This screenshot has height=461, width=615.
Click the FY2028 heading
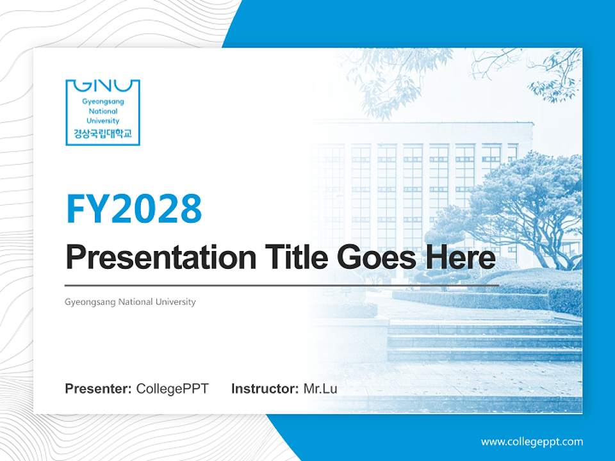point(134,209)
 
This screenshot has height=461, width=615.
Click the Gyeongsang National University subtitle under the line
point(130,302)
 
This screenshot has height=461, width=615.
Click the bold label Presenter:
point(99,389)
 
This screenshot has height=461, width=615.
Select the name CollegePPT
point(172,389)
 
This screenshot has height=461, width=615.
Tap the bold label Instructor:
point(265,389)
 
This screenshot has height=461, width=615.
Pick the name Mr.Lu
point(320,389)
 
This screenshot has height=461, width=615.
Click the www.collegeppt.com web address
point(532,442)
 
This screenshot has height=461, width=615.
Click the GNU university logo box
point(102,112)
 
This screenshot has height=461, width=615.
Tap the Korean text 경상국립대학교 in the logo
point(102,133)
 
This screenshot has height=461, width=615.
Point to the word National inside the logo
point(102,111)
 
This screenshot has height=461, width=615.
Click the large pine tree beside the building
point(519,205)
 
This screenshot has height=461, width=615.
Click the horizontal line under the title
point(282,284)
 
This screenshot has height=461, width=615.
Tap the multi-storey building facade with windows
point(410,186)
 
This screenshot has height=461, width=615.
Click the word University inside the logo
point(102,120)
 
